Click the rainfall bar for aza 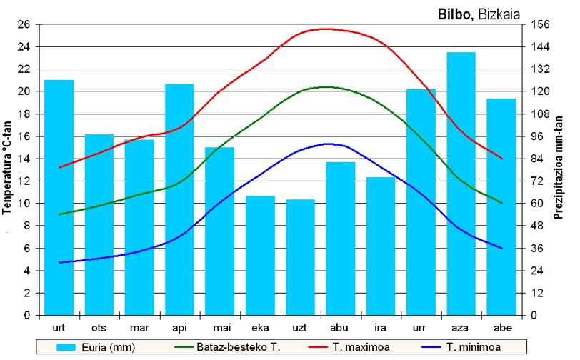tap(461, 184)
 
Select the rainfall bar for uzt tap(300, 257)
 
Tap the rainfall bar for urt tap(59, 198)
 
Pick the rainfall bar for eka tap(261, 255)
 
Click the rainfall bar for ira tap(381, 246)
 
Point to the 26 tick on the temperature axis tap(24, 24)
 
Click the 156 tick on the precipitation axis tap(541, 24)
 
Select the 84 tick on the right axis tap(537, 159)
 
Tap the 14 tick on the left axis tap(24, 159)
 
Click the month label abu tap(339, 328)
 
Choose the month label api tap(180, 328)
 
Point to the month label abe tap(503, 328)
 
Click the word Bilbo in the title tap(455, 14)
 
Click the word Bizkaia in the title tap(499, 14)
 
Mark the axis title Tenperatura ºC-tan tap(7, 168)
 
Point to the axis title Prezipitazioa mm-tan tap(558, 168)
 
